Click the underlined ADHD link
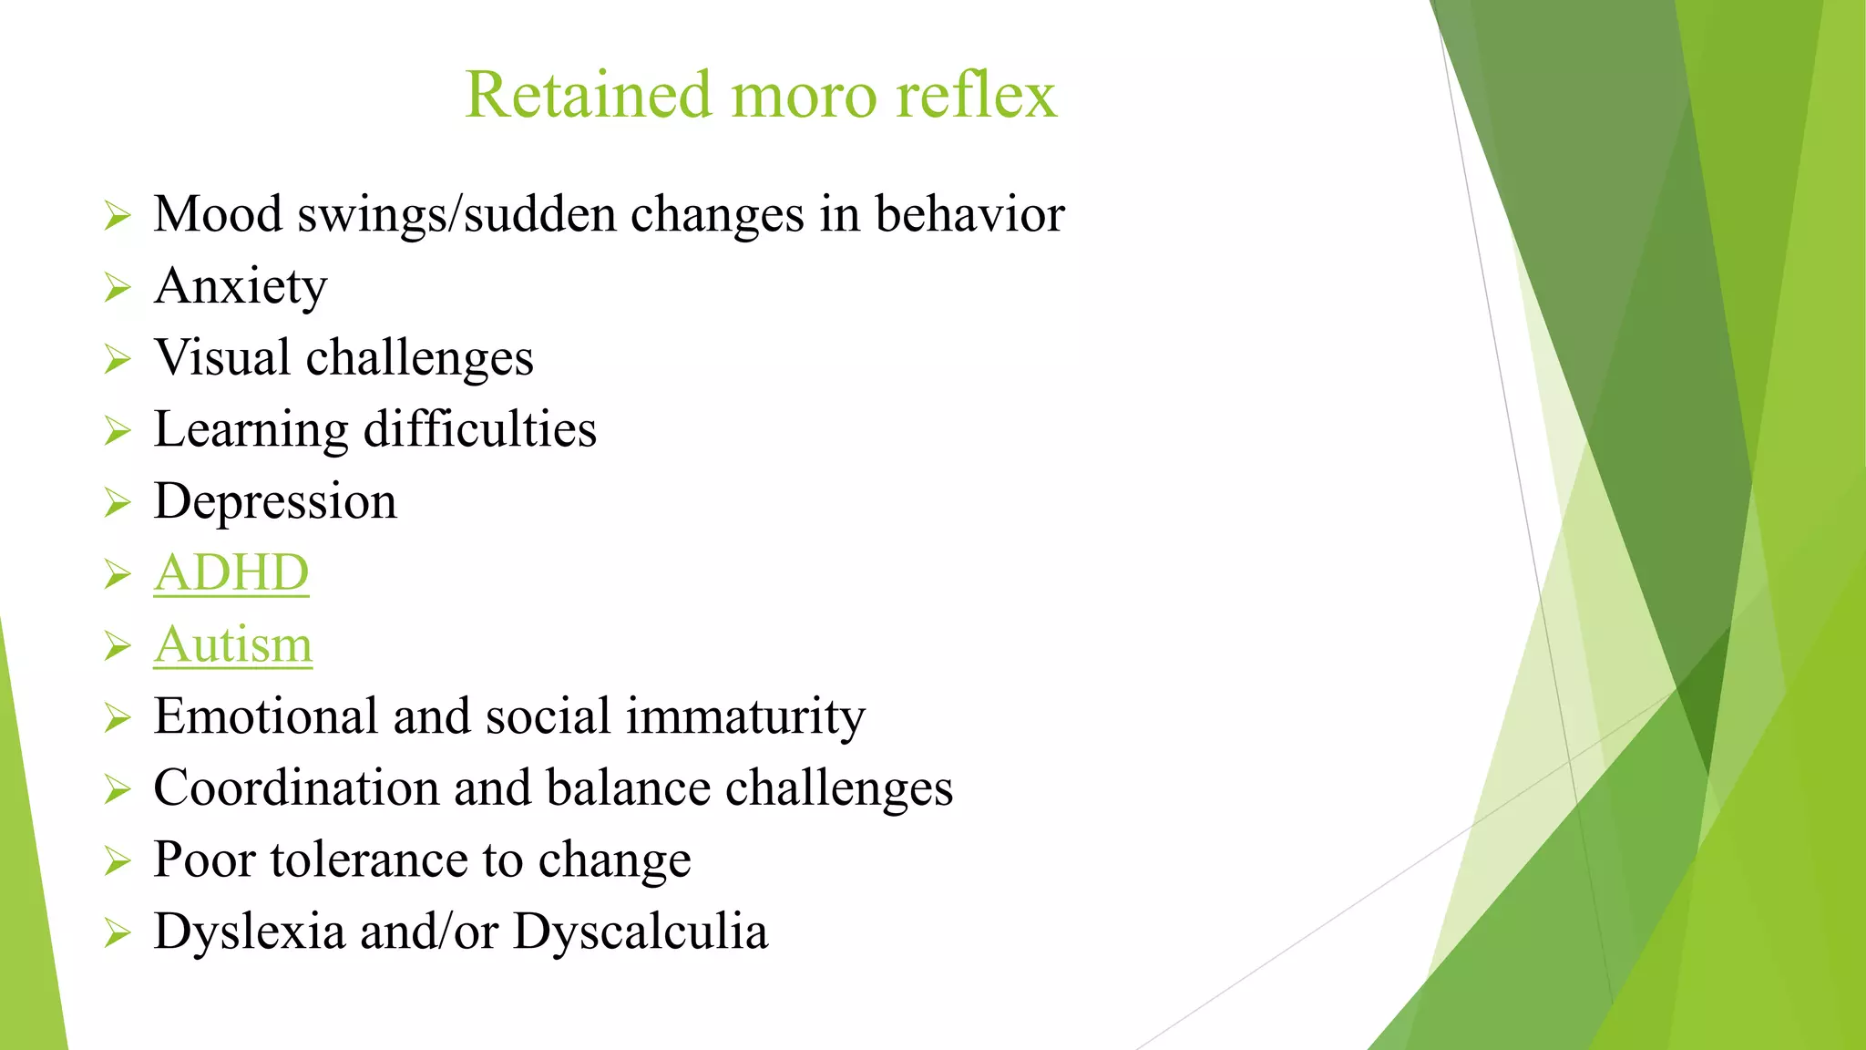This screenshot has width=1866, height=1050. [231, 573]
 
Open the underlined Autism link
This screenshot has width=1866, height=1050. [233, 645]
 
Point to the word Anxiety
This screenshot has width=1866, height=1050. [241, 287]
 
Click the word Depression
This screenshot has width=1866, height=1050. [275, 502]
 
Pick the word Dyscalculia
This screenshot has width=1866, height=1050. [641, 932]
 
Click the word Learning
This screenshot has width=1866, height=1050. [251, 430]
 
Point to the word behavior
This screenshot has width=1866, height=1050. [969, 215]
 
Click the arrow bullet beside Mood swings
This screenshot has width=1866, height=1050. [118, 216]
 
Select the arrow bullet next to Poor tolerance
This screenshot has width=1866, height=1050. [118, 861]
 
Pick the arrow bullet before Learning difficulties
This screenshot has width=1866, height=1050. [118, 430]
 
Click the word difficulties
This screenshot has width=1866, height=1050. [480, 430]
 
